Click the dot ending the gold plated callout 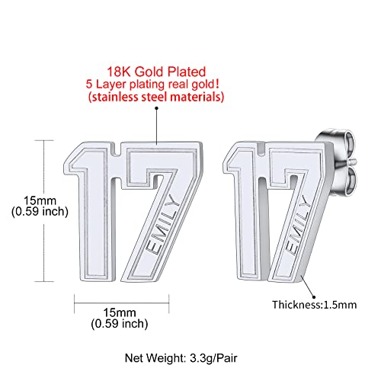point(158,110)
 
